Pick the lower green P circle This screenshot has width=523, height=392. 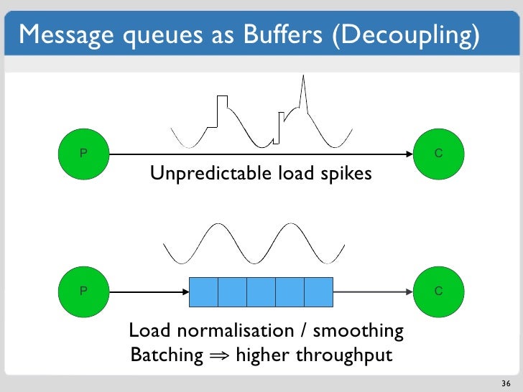click(84, 291)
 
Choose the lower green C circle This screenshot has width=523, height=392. click(439, 291)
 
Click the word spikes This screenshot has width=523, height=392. click(346, 174)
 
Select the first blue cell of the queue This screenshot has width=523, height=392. click(203, 291)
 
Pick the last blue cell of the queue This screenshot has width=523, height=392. click(318, 291)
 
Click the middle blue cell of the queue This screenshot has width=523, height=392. click(261, 291)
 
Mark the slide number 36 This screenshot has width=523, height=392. click(505, 382)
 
